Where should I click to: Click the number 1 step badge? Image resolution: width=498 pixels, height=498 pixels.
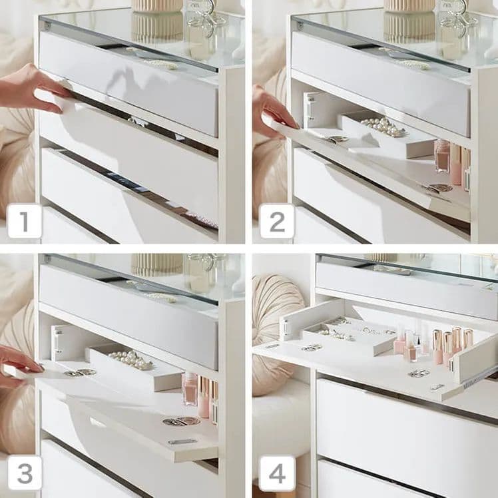pos(25,221)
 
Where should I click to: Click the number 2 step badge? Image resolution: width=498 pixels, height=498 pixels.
pos(277,221)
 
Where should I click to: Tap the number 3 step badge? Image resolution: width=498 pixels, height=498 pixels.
pos(25,473)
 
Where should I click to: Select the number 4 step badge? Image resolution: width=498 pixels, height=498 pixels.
pos(277,473)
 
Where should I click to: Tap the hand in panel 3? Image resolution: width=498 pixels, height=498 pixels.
pos(19,366)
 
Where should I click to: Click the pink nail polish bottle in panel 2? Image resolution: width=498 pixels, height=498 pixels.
pos(443,156)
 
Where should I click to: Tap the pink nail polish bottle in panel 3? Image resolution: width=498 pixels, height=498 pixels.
pos(190,389)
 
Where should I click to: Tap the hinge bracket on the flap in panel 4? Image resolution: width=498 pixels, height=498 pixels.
pos(286,327)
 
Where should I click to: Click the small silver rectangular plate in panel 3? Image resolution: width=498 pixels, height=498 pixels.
pos(182,441)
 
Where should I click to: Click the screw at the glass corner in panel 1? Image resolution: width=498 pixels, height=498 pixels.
pos(47,25)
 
